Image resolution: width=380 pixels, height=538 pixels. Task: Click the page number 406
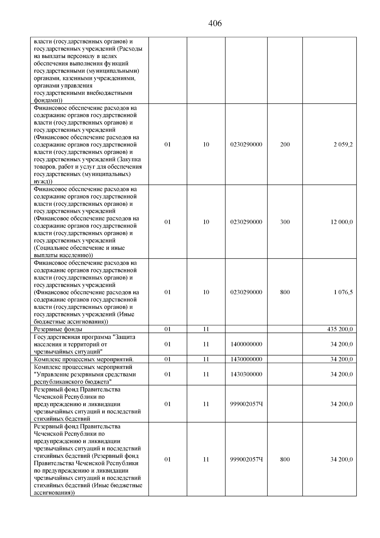[x=215, y=23]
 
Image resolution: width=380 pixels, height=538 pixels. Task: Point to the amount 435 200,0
[x=340, y=329]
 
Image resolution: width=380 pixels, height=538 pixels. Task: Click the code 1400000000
[x=246, y=344]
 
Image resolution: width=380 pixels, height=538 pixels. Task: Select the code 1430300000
[x=246, y=374]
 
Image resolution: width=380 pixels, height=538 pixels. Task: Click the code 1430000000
[x=246, y=359]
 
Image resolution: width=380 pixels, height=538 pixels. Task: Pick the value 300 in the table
[x=285, y=222]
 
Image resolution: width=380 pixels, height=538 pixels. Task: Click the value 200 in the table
[x=285, y=145]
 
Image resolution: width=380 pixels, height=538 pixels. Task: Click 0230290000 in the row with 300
[x=246, y=222]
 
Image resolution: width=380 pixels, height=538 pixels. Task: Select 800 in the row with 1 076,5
[x=285, y=292]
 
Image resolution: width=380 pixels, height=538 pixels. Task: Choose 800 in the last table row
[x=285, y=459]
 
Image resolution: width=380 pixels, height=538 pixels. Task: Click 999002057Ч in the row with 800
[x=246, y=459]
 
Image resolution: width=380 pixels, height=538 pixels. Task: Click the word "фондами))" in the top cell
[x=48, y=100]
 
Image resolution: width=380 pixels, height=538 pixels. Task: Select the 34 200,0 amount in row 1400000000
[x=341, y=344]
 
